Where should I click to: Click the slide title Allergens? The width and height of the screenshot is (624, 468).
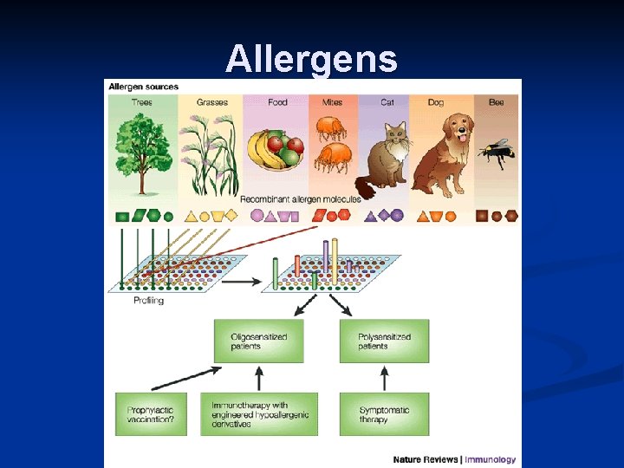(311, 59)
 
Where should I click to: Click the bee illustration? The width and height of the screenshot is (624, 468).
(497, 153)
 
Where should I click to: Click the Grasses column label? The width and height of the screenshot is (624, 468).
(211, 102)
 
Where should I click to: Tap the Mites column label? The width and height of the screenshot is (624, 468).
(332, 102)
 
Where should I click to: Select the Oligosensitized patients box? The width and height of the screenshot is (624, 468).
(259, 341)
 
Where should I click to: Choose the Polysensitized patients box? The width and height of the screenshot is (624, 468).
(384, 341)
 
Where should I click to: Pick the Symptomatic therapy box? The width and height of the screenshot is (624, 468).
(384, 414)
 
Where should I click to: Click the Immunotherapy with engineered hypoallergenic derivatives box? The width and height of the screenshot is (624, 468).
(259, 414)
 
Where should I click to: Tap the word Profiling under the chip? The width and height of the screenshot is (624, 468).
(148, 301)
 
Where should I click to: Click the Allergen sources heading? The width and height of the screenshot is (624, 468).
(141, 87)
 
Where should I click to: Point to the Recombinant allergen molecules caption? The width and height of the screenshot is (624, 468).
(300, 199)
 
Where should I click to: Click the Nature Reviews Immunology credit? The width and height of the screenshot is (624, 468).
(454, 459)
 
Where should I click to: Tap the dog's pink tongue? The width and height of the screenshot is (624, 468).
(462, 136)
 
